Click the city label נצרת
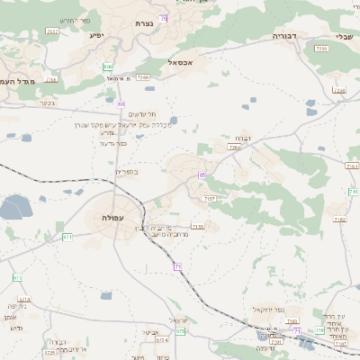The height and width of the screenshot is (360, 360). pos(143,23)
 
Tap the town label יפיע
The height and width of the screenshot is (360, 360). pos(96,35)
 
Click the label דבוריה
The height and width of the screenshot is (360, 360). pos(285,36)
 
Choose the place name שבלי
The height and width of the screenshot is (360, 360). pos(345,36)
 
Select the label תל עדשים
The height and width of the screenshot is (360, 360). pos(142,113)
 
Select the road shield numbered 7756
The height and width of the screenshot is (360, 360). pos(321,48)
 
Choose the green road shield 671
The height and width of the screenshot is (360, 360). pos(67,237)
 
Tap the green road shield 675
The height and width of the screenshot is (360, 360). pos(181,331)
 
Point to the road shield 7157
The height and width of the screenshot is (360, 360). pos(211,197)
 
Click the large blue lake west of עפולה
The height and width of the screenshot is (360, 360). pos(14,210)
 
